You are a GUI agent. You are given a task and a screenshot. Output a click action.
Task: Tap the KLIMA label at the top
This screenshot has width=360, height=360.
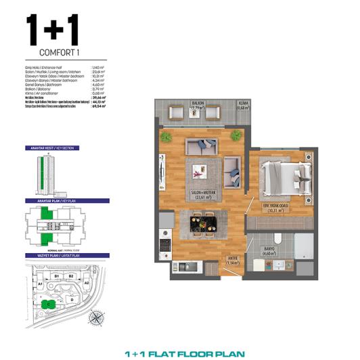pos(243,103)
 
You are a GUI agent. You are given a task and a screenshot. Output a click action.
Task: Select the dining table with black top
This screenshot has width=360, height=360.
pos(201,221)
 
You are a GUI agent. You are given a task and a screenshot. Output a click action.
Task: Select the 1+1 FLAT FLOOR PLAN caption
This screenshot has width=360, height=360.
pos(185,353)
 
